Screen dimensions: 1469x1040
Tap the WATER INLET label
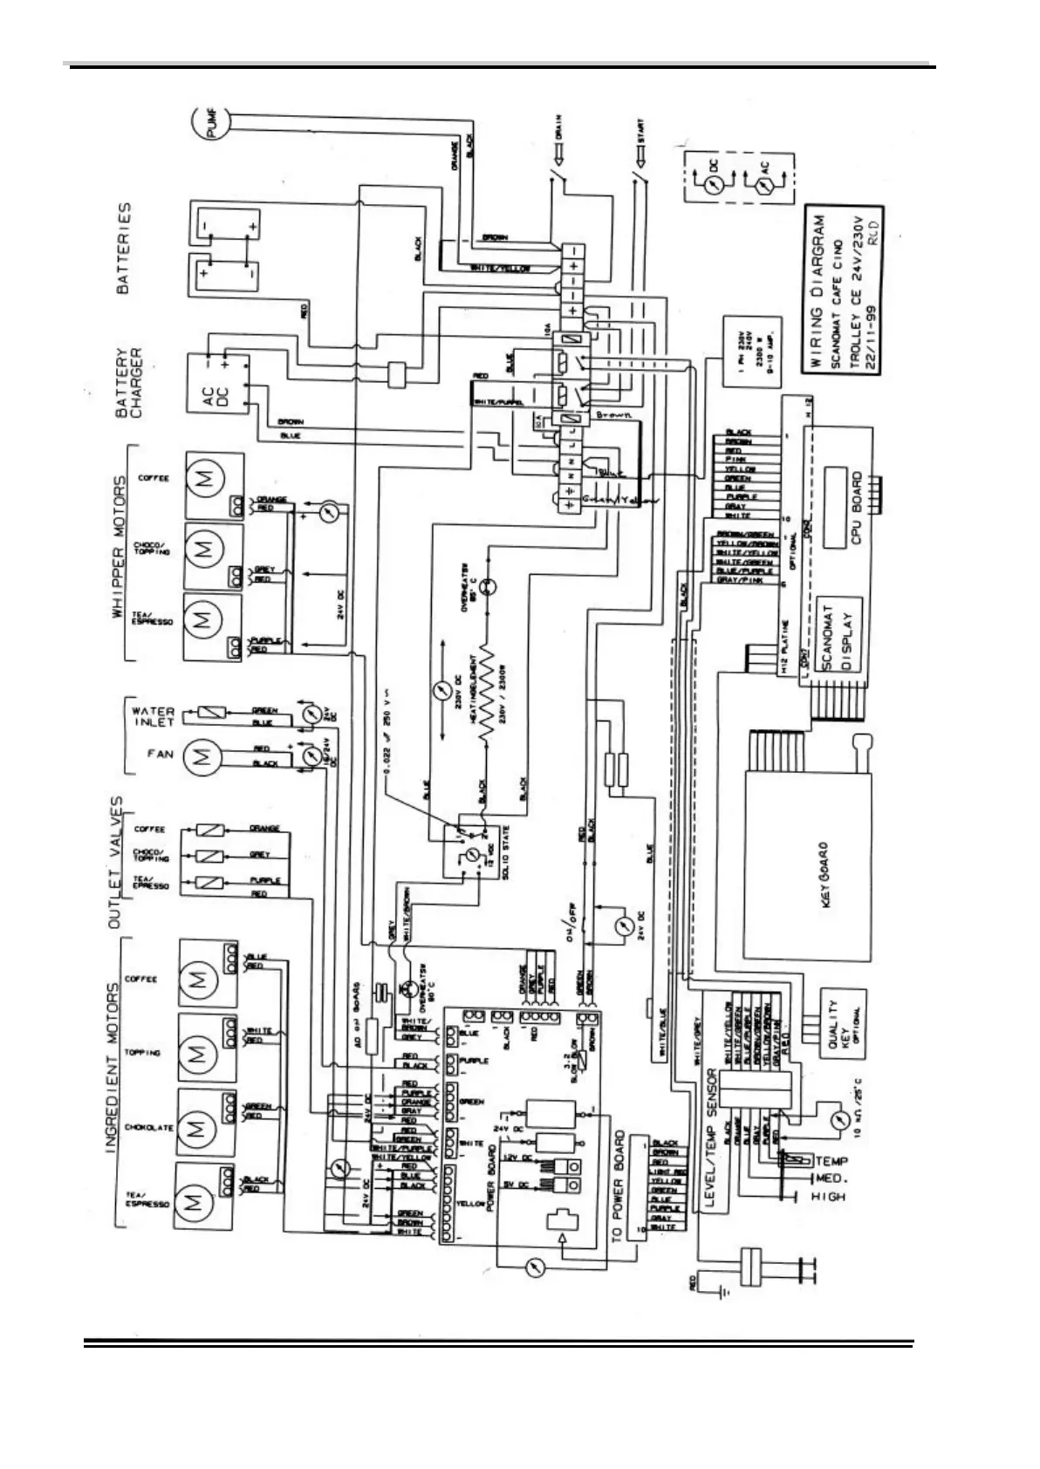[154, 716]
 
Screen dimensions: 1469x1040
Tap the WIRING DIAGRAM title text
[818, 291]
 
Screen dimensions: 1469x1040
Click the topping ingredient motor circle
[196, 1053]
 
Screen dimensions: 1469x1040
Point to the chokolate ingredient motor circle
[196, 1128]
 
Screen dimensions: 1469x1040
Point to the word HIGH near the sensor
[828, 1197]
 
